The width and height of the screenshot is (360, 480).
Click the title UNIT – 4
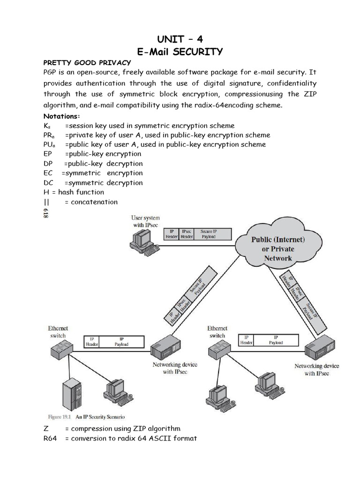(180, 38)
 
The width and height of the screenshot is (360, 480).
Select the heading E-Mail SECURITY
(180, 52)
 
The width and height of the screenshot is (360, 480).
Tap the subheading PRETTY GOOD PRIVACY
(87, 63)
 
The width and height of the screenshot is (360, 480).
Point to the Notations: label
(62, 116)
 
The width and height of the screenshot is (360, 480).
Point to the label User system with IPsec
(145, 221)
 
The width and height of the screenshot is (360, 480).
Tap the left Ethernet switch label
(58, 332)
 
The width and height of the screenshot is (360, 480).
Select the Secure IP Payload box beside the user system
(212, 234)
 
